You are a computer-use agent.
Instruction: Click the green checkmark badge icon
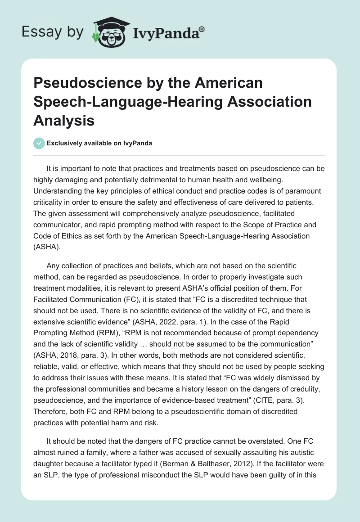39,143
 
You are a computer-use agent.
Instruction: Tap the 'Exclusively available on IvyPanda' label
99,143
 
